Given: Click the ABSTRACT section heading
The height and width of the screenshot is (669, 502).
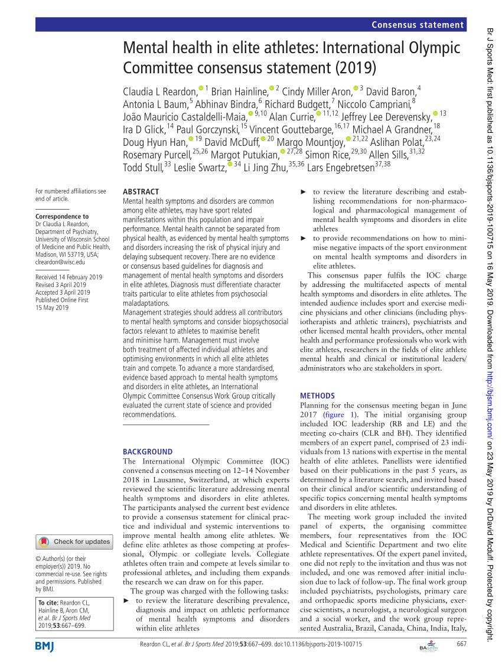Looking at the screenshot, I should (141, 192).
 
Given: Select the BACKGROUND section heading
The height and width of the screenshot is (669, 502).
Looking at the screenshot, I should (147, 452).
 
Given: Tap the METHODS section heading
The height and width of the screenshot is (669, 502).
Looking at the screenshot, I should (317, 396).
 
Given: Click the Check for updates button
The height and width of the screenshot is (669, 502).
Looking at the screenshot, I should (75, 541).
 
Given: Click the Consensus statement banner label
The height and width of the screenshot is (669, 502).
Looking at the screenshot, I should (418, 25).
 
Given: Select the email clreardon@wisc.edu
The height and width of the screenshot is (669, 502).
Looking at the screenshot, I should (60, 262).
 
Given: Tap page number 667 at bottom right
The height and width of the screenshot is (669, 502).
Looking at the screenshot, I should (461, 644).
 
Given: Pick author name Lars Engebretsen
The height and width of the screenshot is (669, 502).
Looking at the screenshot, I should (340, 168).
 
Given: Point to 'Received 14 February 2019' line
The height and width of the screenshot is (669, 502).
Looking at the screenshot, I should (69, 277).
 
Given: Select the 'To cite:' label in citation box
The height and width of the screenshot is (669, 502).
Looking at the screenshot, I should (50, 602).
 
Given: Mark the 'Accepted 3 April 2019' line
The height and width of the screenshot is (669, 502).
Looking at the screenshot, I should (63, 292).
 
